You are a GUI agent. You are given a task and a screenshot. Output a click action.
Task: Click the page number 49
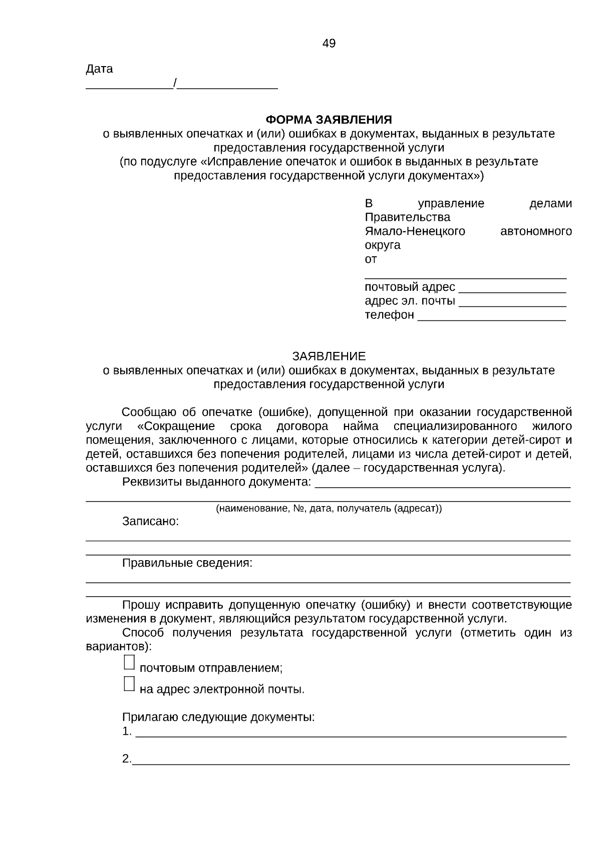pyautogui.click(x=329, y=44)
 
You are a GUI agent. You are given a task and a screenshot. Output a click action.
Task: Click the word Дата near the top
pyautogui.click(x=99, y=69)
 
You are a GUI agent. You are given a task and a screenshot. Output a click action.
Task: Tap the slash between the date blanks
pyautogui.click(x=175, y=83)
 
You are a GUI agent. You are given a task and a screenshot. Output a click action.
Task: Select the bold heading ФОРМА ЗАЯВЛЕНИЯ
pyautogui.click(x=329, y=120)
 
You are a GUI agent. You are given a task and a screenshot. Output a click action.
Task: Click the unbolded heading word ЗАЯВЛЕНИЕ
pyautogui.click(x=329, y=356)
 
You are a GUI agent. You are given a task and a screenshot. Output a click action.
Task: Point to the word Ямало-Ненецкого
pyautogui.click(x=415, y=231)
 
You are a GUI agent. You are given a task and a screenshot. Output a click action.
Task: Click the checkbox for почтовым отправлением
pyautogui.click(x=129, y=662)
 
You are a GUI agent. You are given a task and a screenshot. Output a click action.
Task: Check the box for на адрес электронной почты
pyautogui.click(x=129, y=684)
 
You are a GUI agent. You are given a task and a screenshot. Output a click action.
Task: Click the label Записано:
pyautogui.click(x=150, y=522)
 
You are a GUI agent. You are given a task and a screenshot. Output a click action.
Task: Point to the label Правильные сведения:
pyautogui.click(x=187, y=563)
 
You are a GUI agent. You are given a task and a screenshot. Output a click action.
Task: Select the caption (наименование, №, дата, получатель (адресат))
pyautogui.click(x=329, y=509)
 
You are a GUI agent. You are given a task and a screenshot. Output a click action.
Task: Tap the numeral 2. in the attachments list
pyautogui.click(x=126, y=759)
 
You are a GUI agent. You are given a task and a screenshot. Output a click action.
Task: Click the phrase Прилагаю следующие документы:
pyautogui.click(x=218, y=717)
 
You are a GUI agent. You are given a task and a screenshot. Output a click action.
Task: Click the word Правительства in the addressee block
pyautogui.click(x=407, y=217)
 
